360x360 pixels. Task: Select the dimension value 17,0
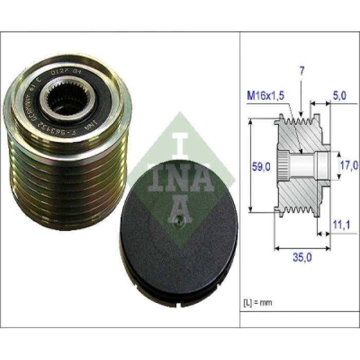tap(349, 166)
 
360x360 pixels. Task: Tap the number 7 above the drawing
tap(302, 71)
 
